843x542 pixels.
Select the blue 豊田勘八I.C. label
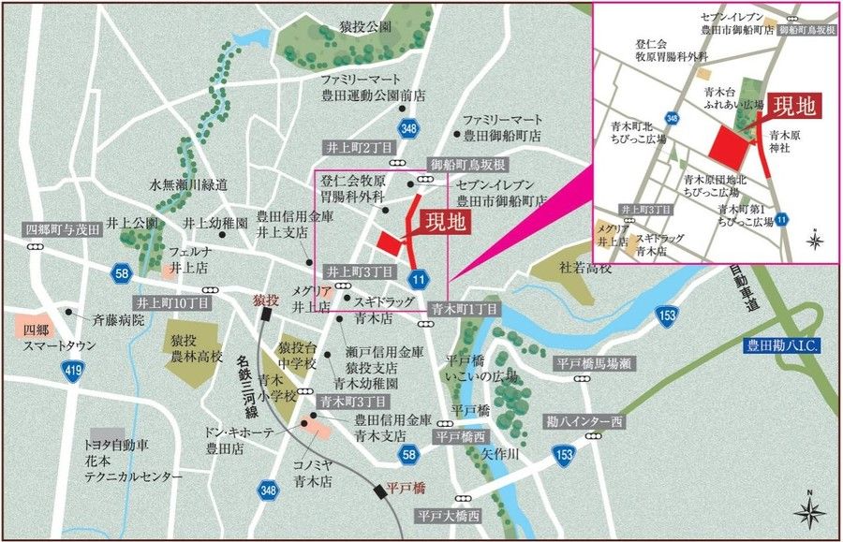coord(784,346)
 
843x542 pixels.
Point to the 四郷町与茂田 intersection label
coord(62,229)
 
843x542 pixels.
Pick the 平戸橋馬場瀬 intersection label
coord(596,363)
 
